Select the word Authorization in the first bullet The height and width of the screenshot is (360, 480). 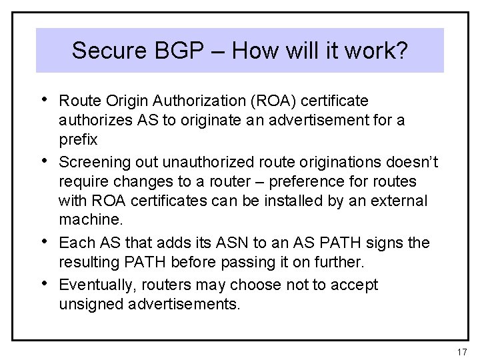coord(191,101)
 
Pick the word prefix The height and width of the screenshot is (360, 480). coord(78,141)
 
